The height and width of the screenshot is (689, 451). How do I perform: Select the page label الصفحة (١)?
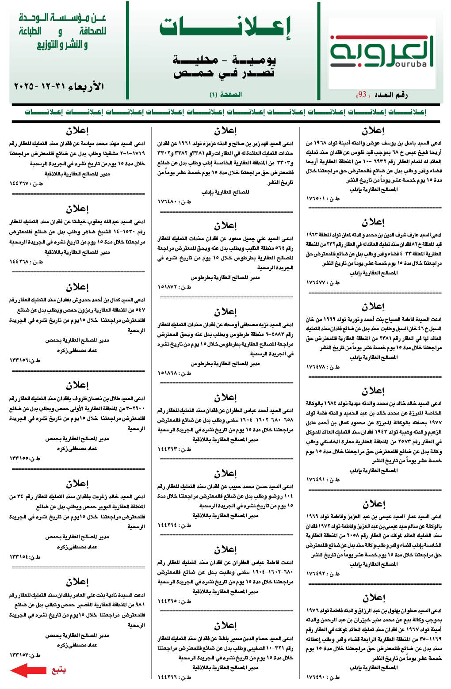[x=225, y=95]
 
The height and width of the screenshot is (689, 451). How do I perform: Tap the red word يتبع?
[x=58, y=670]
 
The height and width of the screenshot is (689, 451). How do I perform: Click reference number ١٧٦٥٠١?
[x=323, y=198]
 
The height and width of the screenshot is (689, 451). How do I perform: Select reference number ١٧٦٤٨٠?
[x=175, y=202]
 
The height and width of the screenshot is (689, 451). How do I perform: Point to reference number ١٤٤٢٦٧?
[x=27, y=183]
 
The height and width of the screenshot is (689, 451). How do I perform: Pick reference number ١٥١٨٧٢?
[x=175, y=287]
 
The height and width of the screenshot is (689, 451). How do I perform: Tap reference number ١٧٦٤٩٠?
[x=323, y=677]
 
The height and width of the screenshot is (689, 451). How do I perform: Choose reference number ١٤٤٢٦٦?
[x=175, y=677]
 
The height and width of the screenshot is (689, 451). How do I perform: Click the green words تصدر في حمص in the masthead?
[x=224, y=73]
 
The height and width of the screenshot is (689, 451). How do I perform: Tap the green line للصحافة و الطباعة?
[x=62, y=31]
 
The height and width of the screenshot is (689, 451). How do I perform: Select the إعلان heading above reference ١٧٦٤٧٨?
[x=373, y=306]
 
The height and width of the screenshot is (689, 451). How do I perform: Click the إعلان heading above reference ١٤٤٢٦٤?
[x=225, y=473]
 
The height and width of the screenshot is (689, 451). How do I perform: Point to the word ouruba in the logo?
[x=409, y=64]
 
